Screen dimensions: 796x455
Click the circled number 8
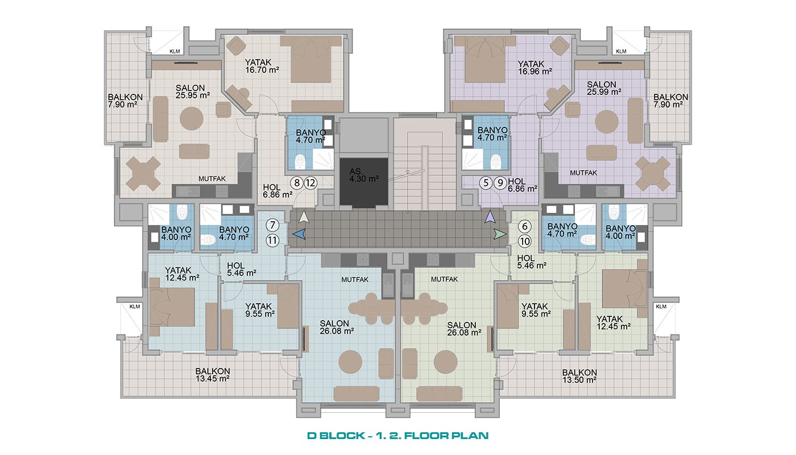[297, 183]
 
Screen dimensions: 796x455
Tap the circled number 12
[310, 183]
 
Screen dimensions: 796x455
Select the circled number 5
[486, 183]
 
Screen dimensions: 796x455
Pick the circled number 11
[272, 241]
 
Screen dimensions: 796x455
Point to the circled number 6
[524, 226]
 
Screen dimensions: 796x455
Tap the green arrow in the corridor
[500, 234]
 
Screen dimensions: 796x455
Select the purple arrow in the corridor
[490, 217]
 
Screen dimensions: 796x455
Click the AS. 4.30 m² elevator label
[363, 175]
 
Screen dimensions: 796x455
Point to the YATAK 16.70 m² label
[262, 66]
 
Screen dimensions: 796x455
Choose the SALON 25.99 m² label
[604, 88]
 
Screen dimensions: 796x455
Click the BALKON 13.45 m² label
[213, 375]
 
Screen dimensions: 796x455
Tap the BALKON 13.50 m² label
[579, 377]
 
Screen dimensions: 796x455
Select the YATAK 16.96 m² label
[534, 68]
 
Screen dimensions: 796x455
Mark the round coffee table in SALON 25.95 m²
[191, 119]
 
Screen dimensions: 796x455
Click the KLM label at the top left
[175, 51]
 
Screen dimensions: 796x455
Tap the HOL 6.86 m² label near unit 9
[522, 185]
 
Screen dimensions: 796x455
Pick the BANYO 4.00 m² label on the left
[176, 233]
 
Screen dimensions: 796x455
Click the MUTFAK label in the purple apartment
[583, 173]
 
